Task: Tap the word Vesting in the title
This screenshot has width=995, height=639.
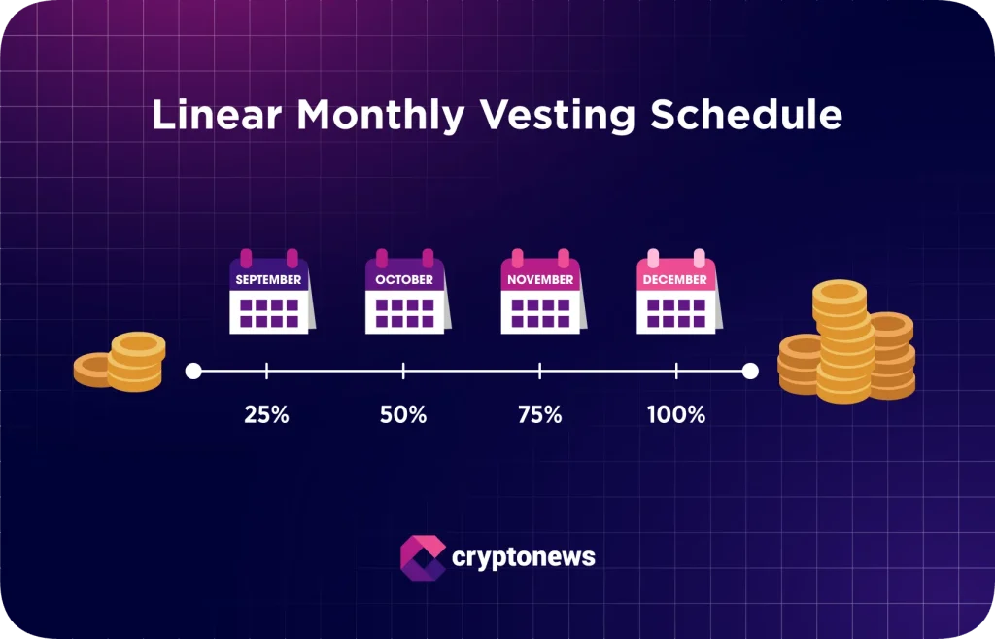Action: (555, 116)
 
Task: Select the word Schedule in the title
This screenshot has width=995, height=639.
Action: (746, 116)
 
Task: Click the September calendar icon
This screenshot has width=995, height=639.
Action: (269, 293)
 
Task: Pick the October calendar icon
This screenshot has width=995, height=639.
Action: (405, 293)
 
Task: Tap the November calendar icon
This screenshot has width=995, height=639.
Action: (541, 293)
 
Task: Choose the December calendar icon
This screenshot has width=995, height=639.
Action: (676, 293)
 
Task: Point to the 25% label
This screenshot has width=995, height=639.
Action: (266, 414)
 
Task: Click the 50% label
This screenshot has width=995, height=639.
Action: (403, 414)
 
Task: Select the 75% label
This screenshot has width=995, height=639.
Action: (539, 414)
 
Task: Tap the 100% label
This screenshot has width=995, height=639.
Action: (676, 414)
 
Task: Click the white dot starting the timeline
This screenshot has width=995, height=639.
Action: (193, 371)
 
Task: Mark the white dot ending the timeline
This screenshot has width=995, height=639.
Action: (750, 371)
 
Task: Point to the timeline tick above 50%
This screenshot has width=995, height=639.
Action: (403, 371)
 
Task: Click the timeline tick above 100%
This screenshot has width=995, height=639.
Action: (676, 371)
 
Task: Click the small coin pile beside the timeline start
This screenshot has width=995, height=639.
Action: (120, 362)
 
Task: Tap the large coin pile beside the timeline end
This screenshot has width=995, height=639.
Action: (846, 343)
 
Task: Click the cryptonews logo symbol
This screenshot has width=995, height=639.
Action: (423, 557)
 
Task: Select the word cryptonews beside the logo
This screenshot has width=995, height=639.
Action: (524, 558)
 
